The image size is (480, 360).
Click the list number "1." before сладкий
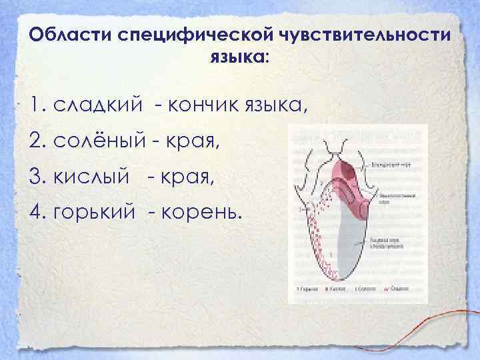pyautogui.click(x=37, y=104)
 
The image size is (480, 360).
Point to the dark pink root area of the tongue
pyautogui.click(x=349, y=177)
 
